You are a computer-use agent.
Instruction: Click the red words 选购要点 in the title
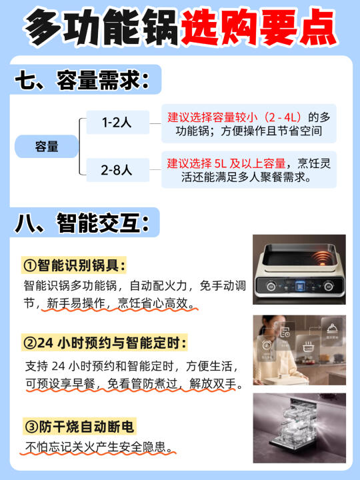[x=259, y=27]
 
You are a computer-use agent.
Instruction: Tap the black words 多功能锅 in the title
[x=102, y=27]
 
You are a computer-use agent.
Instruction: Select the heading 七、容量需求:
[x=82, y=80]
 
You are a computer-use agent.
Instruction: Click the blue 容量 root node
[x=47, y=146]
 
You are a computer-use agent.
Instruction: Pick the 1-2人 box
[x=117, y=122]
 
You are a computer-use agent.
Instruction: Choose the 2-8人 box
[x=117, y=170]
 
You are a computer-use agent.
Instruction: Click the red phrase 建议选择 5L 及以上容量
[x=226, y=163]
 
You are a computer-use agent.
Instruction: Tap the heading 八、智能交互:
[x=82, y=223]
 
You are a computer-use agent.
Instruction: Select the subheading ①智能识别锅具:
[x=74, y=265]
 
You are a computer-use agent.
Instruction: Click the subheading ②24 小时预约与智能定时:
[x=105, y=343]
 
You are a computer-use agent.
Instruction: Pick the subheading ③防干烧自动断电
[x=79, y=427]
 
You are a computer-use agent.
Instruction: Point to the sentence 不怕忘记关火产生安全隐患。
[x=99, y=447]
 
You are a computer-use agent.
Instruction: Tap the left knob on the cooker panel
[x=271, y=286]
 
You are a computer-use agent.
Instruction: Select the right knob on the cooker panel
[x=328, y=286]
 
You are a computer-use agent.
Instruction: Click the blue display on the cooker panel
[x=300, y=286]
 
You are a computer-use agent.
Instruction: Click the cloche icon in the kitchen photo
[x=332, y=329]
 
